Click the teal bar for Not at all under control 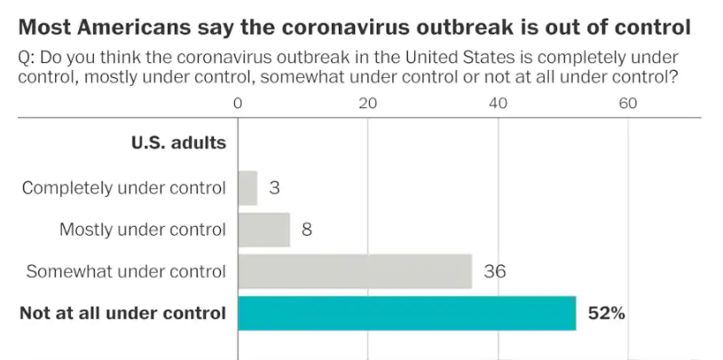pyautogui.click(x=406, y=312)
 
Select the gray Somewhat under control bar pyautogui.click(x=355, y=271)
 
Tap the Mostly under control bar pyautogui.click(x=263, y=230)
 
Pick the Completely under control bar pyautogui.click(x=248, y=188)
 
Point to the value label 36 pyautogui.click(x=495, y=271)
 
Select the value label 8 pyautogui.click(x=307, y=230)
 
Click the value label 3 pyautogui.click(x=274, y=188)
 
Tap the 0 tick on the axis pyautogui.click(x=238, y=103)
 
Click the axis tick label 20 pyautogui.click(x=368, y=103)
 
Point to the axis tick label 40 pyautogui.click(x=498, y=103)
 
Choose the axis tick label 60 pyautogui.click(x=628, y=103)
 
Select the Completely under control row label pyautogui.click(x=124, y=188)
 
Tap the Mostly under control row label pyautogui.click(x=143, y=230)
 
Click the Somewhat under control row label pyautogui.click(x=126, y=271)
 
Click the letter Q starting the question pyautogui.click(x=24, y=58)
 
